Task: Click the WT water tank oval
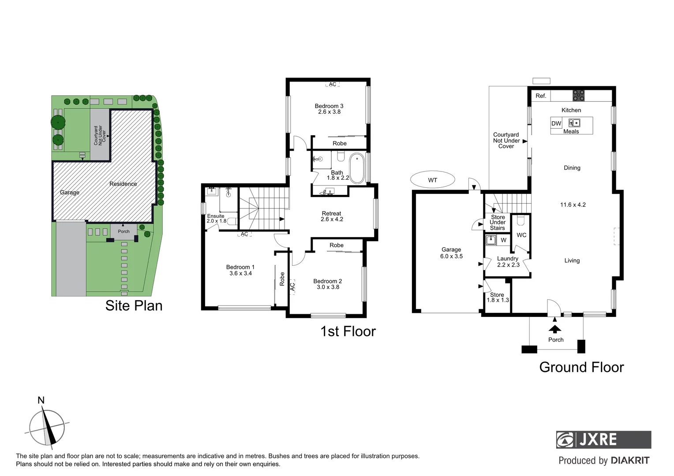[x=432, y=180]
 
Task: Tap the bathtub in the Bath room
[x=357, y=168]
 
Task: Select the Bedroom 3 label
[x=329, y=109]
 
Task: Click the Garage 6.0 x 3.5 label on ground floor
[x=451, y=253]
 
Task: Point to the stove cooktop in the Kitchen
[x=578, y=96]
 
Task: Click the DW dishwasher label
[x=556, y=123]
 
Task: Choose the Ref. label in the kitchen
[x=541, y=96]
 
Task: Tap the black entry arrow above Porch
[x=554, y=328]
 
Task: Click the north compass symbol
[x=47, y=427]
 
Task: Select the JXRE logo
[x=603, y=439]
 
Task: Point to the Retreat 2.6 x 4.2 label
[x=332, y=216]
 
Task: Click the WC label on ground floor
[x=521, y=235]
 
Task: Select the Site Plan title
[x=134, y=305]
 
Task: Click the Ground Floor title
[x=581, y=367]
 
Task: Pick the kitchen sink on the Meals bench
[x=574, y=123]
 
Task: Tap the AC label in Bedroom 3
[x=333, y=84]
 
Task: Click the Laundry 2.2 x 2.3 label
[x=508, y=262]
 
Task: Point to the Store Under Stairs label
[x=498, y=223]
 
